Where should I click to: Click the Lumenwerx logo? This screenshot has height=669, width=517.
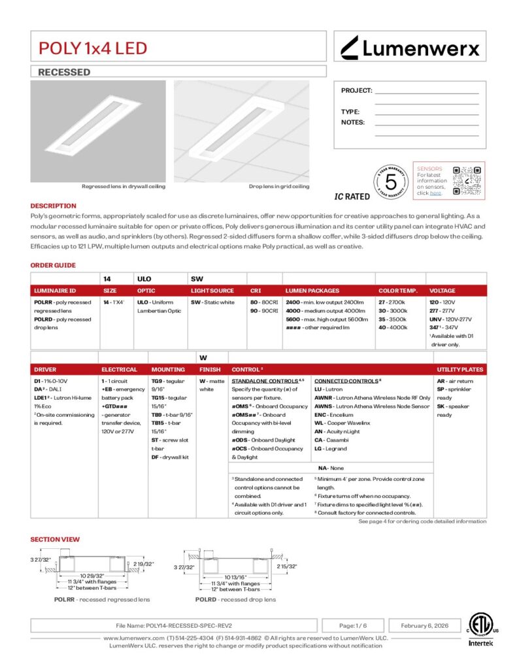(410, 47)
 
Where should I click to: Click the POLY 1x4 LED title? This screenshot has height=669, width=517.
(93, 48)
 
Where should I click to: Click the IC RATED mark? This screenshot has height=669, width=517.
(352, 196)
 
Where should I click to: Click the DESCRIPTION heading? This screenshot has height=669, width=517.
(54, 206)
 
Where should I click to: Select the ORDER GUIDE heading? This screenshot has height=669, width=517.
(53, 265)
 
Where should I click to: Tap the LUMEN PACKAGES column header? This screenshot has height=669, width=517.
(312, 290)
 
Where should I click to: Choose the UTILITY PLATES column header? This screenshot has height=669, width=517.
(459, 369)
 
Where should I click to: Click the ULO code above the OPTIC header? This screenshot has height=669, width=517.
(144, 278)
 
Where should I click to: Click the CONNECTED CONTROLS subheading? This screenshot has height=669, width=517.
(346, 381)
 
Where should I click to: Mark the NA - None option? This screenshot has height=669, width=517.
(331, 468)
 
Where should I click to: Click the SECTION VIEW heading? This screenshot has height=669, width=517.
(55, 539)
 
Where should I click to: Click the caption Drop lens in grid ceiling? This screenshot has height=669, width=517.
(279, 186)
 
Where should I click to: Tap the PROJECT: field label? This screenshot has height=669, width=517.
(356, 91)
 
